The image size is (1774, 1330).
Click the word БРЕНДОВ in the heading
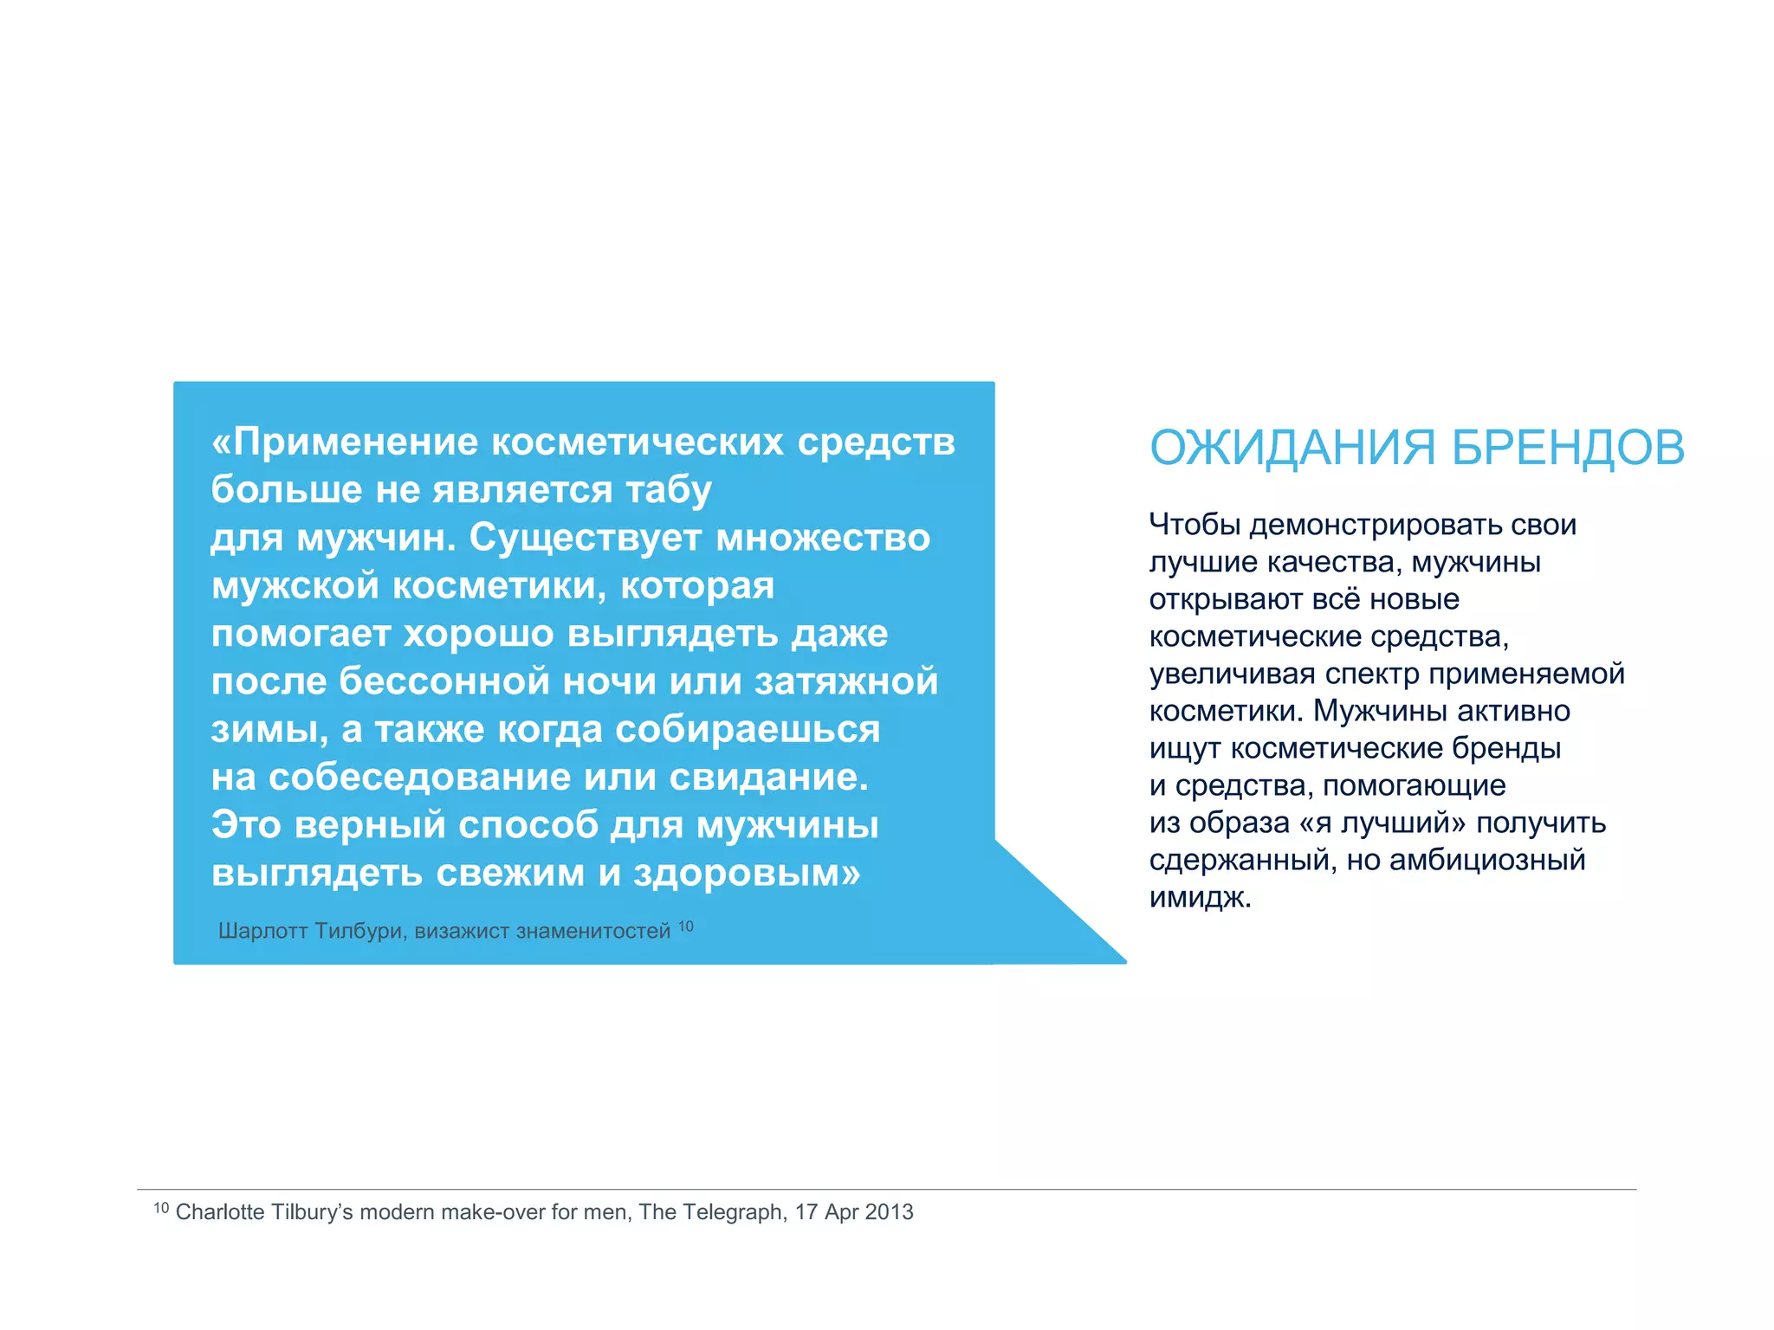click(x=1568, y=448)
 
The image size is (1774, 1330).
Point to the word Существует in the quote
click(x=585, y=538)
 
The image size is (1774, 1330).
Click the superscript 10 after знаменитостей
click(x=685, y=926)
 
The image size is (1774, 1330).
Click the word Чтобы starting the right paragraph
click(x=1195, y=525)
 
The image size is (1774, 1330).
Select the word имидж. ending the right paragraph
click(x=1201, y=897)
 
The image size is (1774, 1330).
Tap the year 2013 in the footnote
click(x=889, y=1212)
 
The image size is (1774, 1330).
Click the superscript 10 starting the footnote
click(x=161, y=1208)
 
